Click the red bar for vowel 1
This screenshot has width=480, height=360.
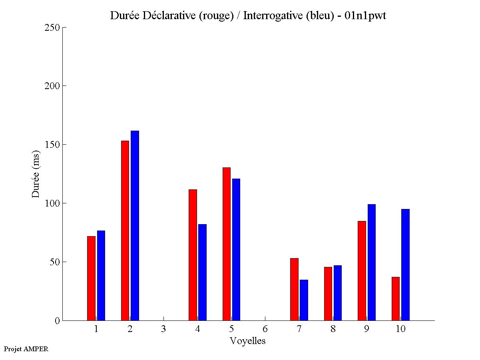coord(91,278)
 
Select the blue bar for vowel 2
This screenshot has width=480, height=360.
coord(135,226)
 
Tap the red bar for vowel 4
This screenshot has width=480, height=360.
coord(193,255)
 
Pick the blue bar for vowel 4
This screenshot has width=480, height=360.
coord(202,272)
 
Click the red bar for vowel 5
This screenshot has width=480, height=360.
coord(227,244)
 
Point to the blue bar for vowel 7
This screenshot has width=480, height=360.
coord(304,300)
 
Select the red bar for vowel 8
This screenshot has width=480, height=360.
coord(328,294)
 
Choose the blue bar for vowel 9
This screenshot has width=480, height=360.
coord(372,263)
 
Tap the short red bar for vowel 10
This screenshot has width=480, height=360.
coord(396,299)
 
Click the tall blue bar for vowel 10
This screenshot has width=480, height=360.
coord(405,265)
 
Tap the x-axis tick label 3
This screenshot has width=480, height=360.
coord(164,329)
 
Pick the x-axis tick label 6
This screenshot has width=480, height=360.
coord(265,329)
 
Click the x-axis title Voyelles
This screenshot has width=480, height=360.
coord(248,341)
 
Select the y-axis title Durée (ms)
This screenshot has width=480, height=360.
coord(36,173)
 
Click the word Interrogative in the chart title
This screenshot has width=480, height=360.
coord(268,16)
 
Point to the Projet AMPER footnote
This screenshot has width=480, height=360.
coord(26,349)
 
